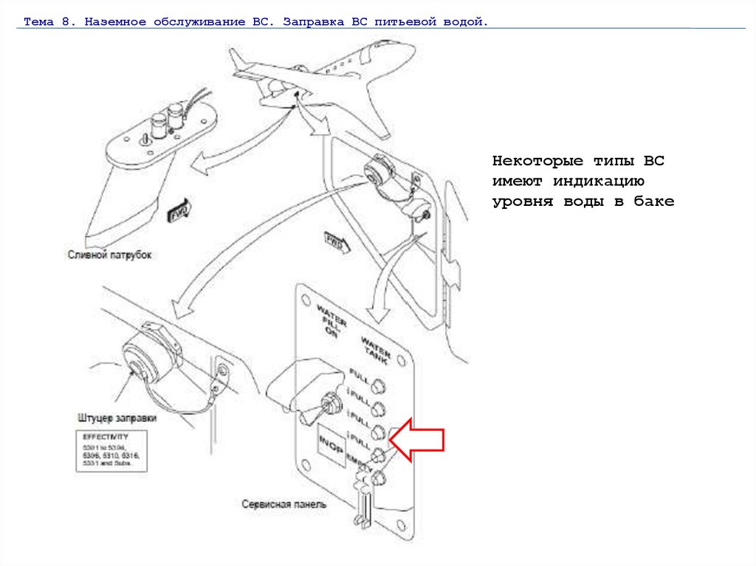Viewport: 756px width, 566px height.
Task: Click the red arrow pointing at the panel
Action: click(x=417, y=441)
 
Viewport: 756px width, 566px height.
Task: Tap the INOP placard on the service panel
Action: click(x=330, y=446)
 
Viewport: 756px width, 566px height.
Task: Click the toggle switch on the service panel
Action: click(x=329, y=402)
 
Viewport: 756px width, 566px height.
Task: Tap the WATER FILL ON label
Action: click(x=326, y=318)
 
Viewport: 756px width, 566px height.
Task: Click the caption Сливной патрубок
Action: click(x=109, y=255)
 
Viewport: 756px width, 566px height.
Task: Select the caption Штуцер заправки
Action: click(x=117, y=418)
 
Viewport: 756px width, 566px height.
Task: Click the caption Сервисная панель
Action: click(x=284, y=505)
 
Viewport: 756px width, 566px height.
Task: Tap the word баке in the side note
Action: click(x=654, y=201)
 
